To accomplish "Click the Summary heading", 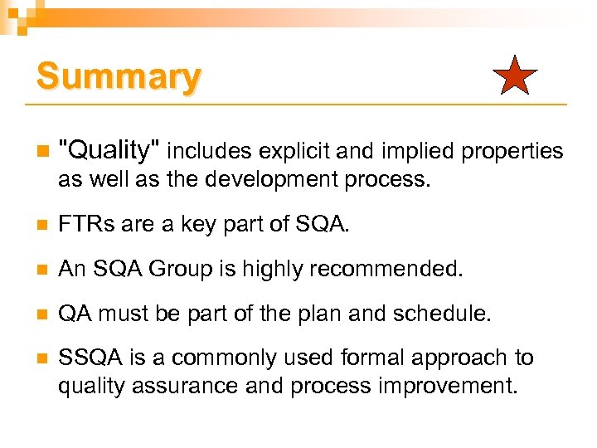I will (118, 77).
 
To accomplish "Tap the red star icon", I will (515, 76).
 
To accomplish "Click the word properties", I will (512, 151).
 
